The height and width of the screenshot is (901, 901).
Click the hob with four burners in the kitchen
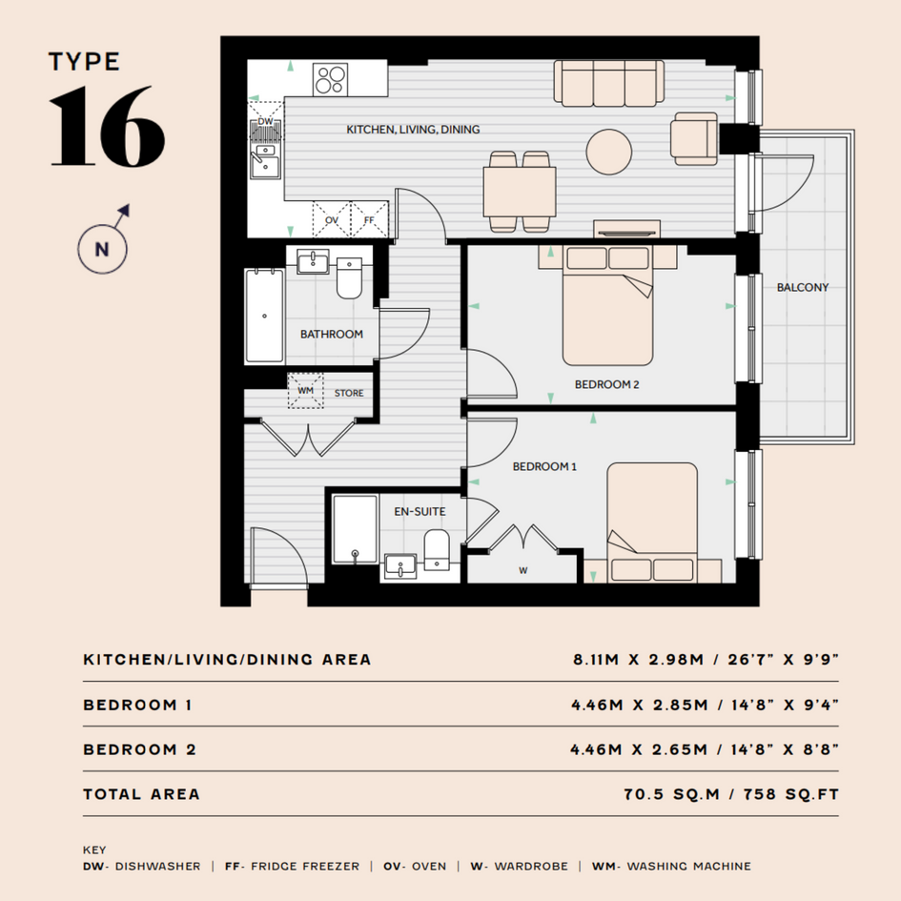[x=331, y=79]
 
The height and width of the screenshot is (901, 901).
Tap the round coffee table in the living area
[x=609, y=152]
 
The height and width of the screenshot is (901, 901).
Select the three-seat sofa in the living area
[x=609, y=83]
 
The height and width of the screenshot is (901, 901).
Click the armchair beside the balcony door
[x=694, y=138]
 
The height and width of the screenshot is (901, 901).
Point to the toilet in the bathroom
[x=349, y=278]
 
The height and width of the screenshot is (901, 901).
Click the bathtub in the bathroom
[x=264, y=316]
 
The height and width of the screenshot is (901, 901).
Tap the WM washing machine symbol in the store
[x=306, y=391]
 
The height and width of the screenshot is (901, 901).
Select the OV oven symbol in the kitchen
[x=332, y=219]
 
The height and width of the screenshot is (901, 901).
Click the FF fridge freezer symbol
[x=370, y=219]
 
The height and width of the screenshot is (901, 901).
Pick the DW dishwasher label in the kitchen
[x=265, y=121]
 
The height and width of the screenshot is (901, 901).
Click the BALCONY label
[x=803, y=287]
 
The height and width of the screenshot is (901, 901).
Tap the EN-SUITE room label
[x=420, y=511]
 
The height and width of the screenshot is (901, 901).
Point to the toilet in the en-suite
[x=437, y=550]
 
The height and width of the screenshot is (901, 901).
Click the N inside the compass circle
[x=102, y=250]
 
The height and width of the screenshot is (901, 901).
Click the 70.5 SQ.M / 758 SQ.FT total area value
[x=731, y=794]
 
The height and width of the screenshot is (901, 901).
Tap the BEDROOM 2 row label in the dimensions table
[x=139, y=749]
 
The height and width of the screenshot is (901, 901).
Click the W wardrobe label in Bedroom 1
[x=522, y=570]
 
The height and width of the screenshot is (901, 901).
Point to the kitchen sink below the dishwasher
[x=265, y=161]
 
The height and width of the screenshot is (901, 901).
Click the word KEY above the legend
[x=94, y=850]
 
